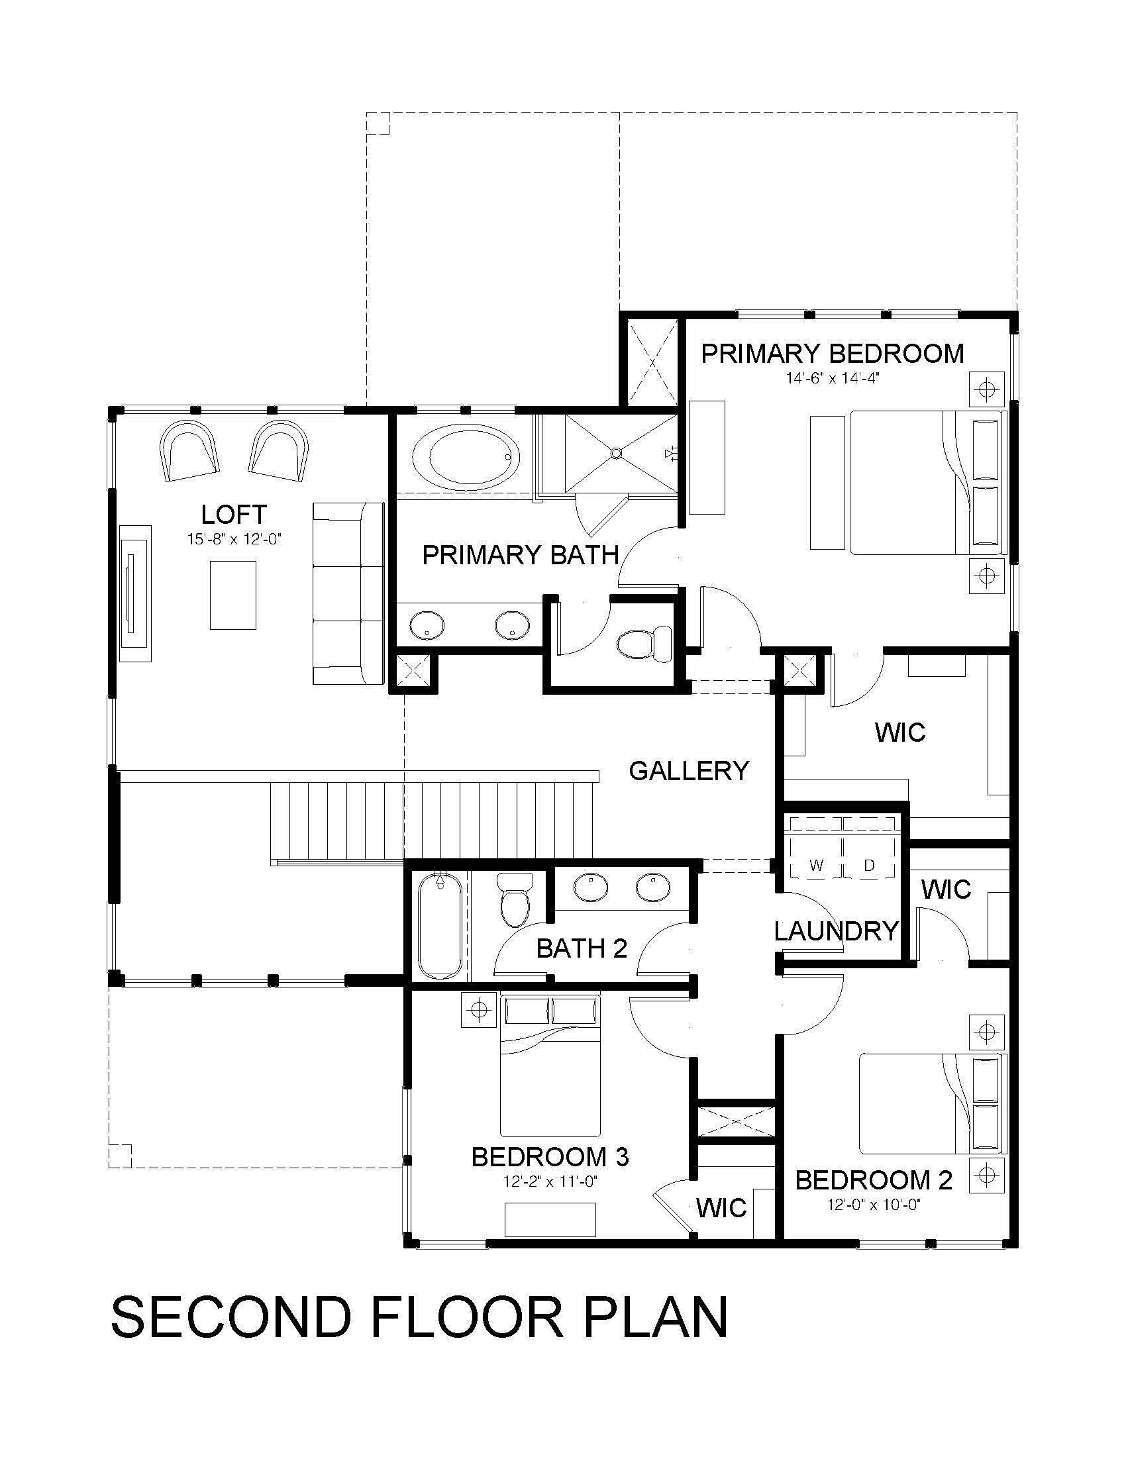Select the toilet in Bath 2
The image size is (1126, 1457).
click(514, 900)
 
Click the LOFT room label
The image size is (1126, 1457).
click(234, 515)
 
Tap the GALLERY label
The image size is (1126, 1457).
click(689, 770)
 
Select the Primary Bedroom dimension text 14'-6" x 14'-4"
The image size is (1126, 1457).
click(833, 378)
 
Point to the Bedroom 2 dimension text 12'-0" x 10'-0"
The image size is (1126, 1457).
click(874, 1223)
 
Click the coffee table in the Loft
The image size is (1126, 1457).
click(232, 595)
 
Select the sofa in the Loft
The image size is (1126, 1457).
click(348, 593)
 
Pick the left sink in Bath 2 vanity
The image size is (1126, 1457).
click(590, 889)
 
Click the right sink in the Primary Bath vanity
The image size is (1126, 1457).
click(512, 625)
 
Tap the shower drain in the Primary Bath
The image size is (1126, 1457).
click(617, 453)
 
